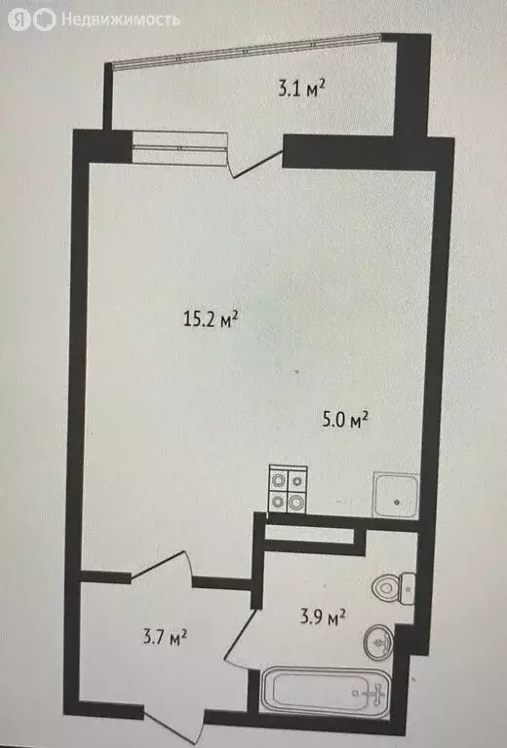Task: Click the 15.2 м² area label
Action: (212, 318)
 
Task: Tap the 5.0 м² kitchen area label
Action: (345, 421)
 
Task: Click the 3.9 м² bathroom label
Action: (322, 617)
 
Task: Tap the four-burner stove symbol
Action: (288, 490)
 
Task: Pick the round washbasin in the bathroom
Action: (379, 643)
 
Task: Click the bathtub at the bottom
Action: (327, 693)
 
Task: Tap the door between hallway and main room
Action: (161, 568)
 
